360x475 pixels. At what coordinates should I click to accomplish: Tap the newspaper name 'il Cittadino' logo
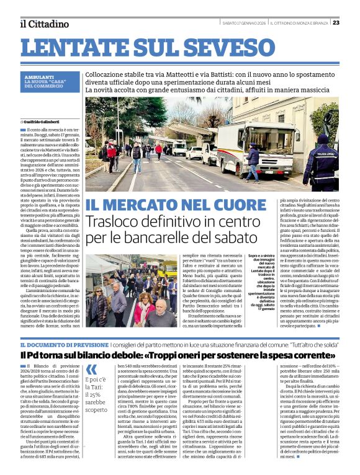tap(44, 24)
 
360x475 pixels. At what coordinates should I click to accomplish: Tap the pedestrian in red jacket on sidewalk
tap(112, 156)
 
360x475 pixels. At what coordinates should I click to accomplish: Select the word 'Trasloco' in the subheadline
tap(112, 222)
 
